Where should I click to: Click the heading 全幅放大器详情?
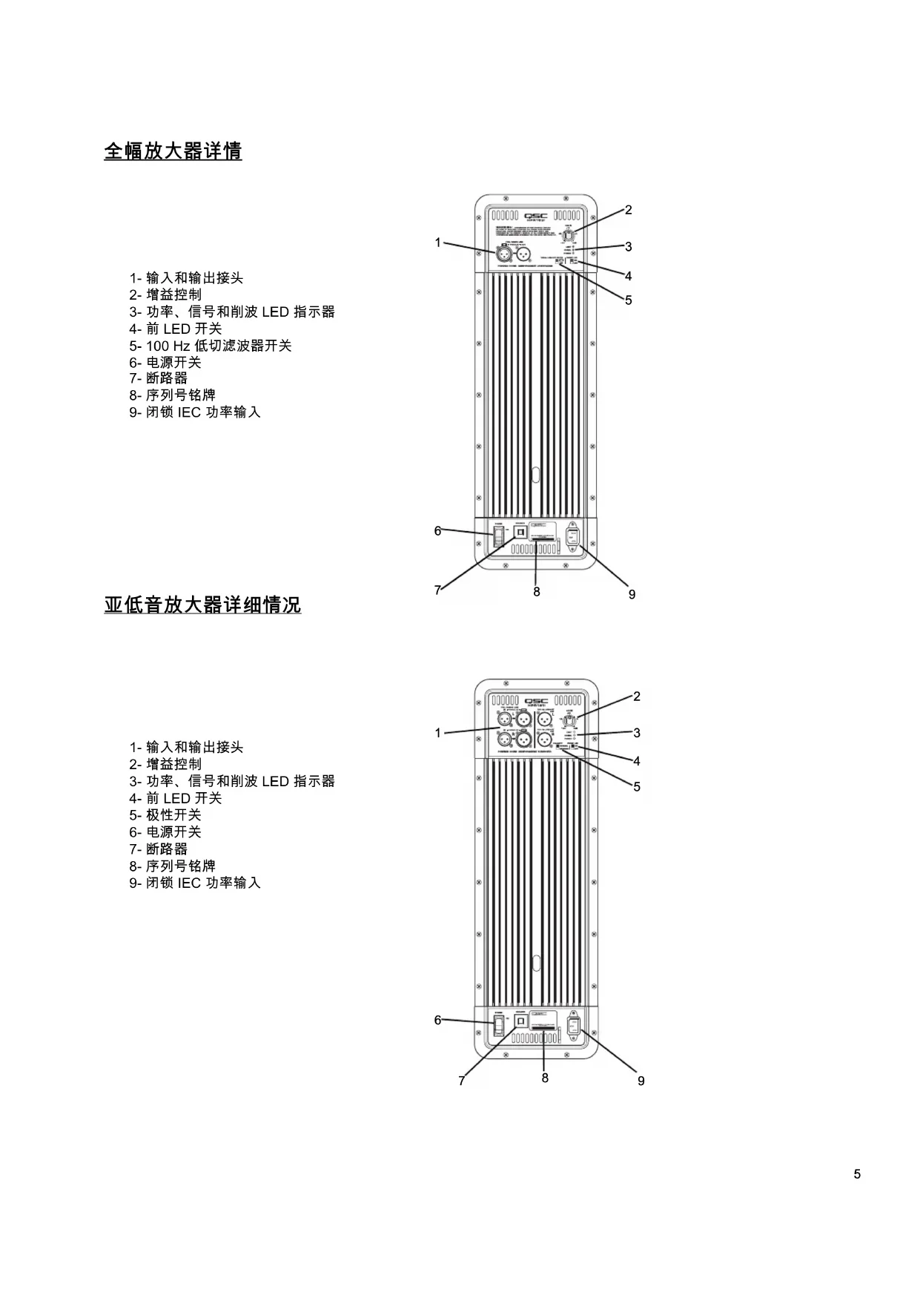173,151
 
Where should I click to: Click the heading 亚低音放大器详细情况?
202,605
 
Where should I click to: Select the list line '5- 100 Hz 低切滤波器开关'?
211,346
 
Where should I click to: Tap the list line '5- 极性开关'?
165,815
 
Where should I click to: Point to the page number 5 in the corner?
857,1174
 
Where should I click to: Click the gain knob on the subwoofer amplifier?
569,719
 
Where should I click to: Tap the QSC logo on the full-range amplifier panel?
536,215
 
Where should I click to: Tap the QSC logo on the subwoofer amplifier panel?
536,701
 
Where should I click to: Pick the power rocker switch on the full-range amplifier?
498,535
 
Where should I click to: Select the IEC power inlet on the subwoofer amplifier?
573,1026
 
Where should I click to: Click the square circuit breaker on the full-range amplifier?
520,533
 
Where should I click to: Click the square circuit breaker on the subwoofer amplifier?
520,1022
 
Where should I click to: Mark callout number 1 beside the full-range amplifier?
438,243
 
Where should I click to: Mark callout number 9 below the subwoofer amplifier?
641,1081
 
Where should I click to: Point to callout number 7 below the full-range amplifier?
437,590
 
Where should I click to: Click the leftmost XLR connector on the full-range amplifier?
503,255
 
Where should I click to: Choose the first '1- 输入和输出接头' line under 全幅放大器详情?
186,278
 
